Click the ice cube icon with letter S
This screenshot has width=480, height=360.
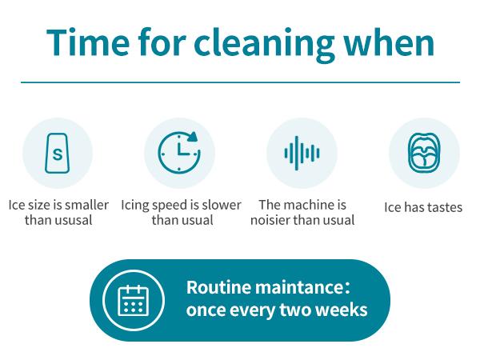coord(57,153)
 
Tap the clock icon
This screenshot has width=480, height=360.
coord(179,152)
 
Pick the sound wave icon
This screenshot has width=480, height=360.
coord(302,152)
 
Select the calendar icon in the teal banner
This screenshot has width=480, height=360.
coord(132,301)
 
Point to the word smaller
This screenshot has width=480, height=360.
coord(85,205)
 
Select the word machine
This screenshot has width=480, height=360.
coord(310,205)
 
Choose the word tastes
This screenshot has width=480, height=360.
coord(444,207)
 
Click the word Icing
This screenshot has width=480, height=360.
coord(136,205)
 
